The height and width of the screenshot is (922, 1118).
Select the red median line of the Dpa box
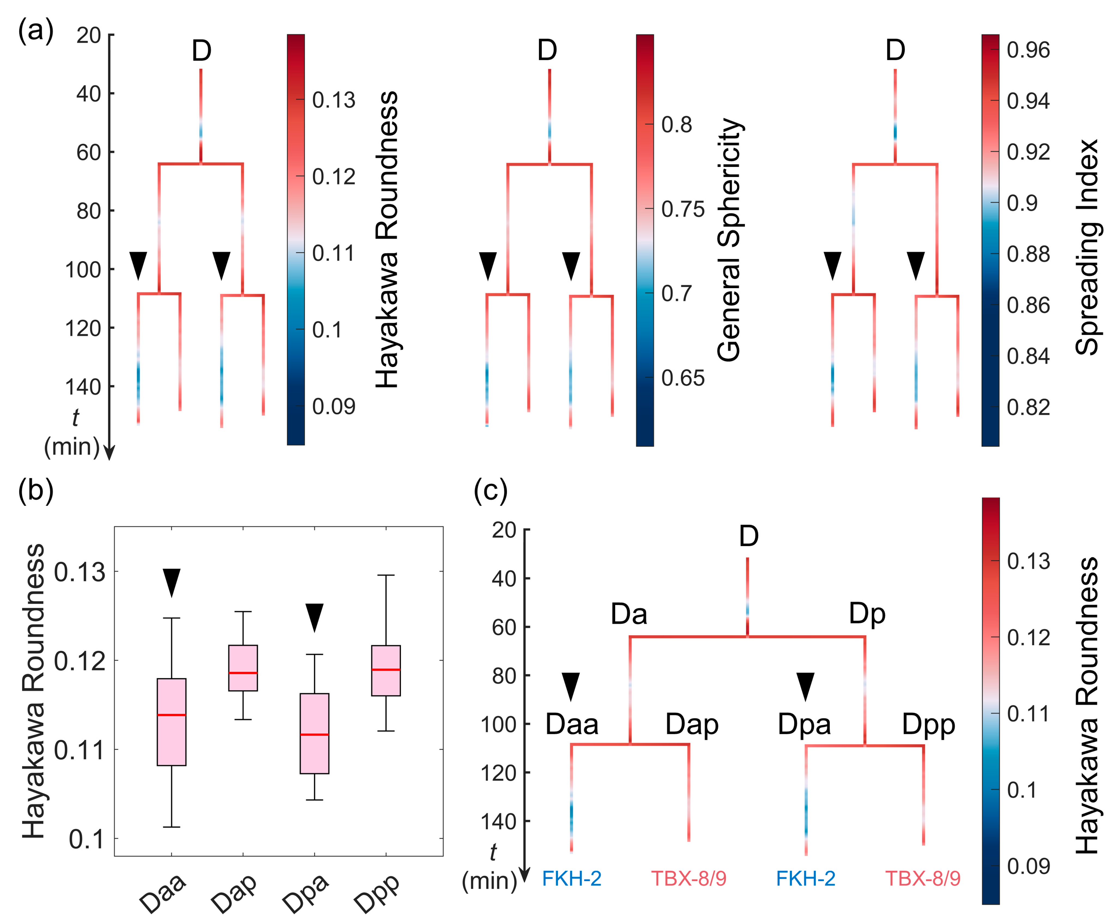click(x=314, y=734)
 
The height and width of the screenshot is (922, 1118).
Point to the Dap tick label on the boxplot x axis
click(x=234, y=892)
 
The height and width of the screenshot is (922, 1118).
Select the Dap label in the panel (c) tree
click(x=692, y=724)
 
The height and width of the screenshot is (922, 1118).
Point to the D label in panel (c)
click(x=748, y=537)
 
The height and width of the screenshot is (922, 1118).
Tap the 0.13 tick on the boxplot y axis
click(x=80, y=572)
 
